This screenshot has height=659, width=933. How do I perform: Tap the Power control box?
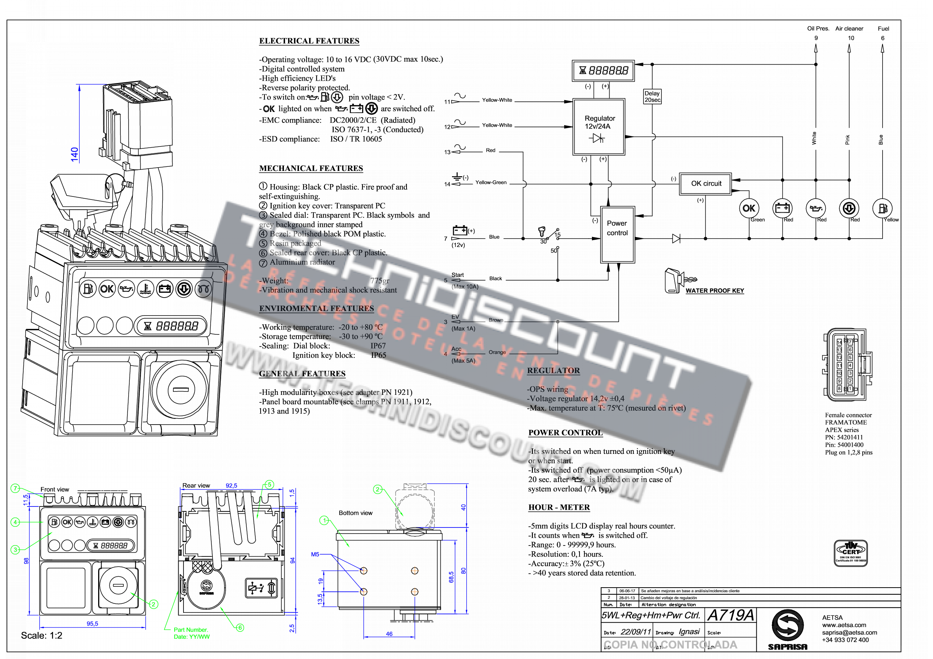617,235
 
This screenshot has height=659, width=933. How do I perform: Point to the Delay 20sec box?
652,97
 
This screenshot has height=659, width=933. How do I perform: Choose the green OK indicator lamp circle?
748,208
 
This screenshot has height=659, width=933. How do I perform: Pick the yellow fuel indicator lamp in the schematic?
882,208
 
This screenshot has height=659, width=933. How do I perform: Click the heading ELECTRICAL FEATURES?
309,41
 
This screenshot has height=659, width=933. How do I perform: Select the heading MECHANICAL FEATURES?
311,168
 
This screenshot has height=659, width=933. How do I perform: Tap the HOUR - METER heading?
559,507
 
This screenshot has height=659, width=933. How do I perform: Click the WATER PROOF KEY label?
715,291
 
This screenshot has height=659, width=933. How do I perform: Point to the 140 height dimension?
74,154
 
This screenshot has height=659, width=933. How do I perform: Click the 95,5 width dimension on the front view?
92,624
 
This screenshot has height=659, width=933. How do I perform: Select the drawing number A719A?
730,615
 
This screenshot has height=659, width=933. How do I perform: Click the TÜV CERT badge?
850,553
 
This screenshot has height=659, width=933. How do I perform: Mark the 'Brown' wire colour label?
496,320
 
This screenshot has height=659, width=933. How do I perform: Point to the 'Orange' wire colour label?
497,352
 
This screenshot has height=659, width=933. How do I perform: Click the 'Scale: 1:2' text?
41,635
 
